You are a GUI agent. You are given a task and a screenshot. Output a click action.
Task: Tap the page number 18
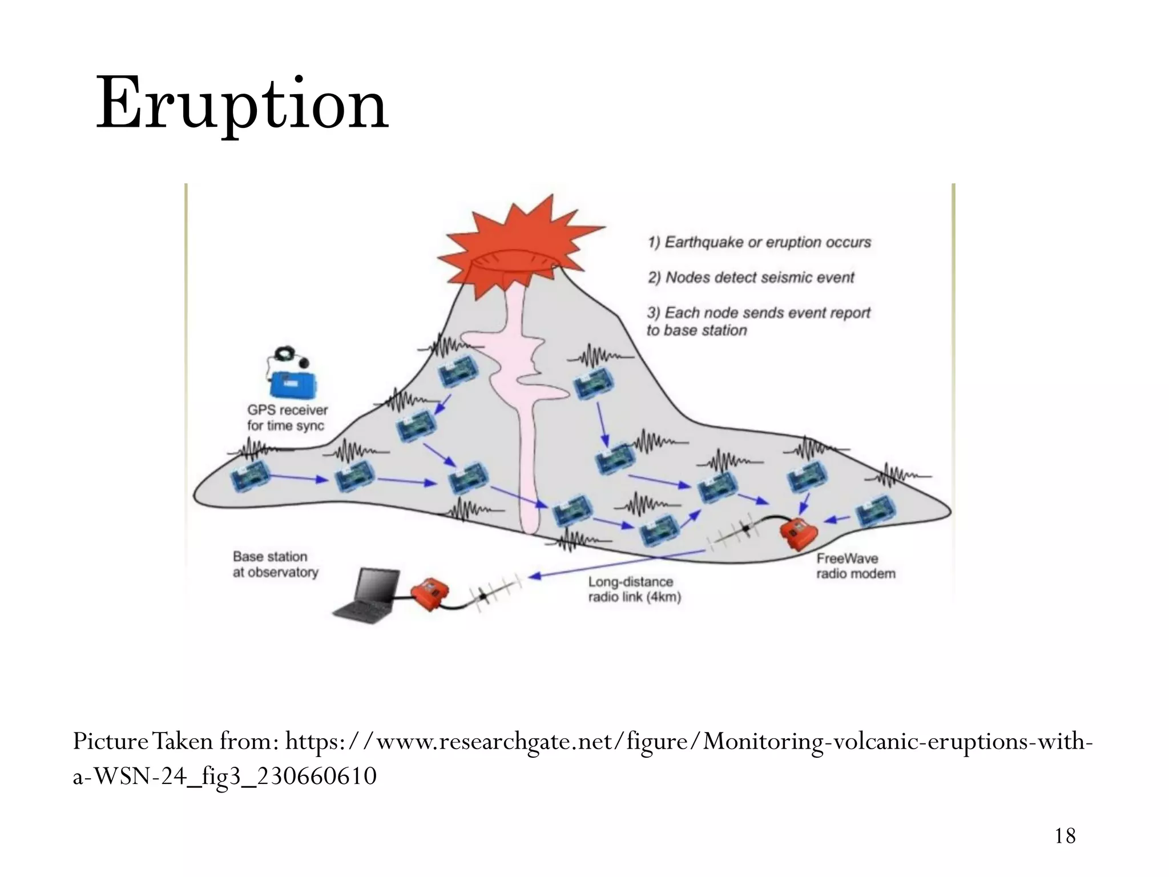1065,836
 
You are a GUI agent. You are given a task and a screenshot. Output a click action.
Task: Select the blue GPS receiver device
293,384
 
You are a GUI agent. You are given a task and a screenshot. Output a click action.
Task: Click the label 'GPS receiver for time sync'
287,418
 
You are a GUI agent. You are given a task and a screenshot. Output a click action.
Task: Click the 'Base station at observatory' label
275,564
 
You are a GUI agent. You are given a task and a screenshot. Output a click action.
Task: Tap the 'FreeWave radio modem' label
855,566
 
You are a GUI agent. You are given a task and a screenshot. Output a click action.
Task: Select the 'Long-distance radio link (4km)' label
634,589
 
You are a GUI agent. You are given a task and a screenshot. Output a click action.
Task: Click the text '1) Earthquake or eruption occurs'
759,242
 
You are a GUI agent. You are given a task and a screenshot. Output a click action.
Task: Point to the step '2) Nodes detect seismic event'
751,277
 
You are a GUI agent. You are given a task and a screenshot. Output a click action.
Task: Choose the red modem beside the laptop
429,594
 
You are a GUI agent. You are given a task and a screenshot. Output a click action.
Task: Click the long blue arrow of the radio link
616,564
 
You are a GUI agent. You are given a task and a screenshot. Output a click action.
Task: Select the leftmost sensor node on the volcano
250,477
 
